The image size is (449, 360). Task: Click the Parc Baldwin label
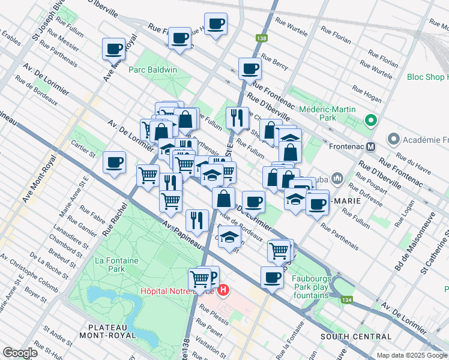point(153,70)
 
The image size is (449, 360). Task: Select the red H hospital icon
point(223,291)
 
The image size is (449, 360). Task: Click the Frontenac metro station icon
point(371,146)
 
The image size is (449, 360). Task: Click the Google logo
point(20,353)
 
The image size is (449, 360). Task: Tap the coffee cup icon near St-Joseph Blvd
point(113,48)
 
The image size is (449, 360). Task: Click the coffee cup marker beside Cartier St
point(113,161)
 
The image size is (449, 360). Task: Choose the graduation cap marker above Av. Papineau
point(229,236)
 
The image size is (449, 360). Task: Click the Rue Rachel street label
point(116,218)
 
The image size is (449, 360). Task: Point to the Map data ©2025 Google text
point(411,355)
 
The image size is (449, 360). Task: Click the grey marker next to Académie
point(394,140)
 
